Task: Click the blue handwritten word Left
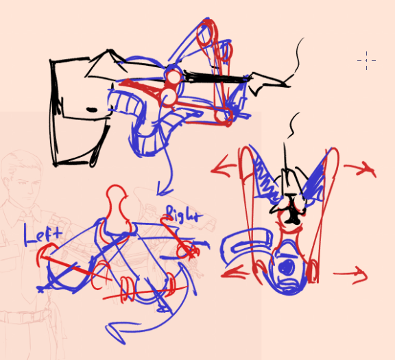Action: click(x=43, y=235)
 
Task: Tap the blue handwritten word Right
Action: click(x=184, y=215)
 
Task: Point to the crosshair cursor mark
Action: click(x=366, y=61)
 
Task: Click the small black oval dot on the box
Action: click(x=92, y=110)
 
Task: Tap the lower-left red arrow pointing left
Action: click(x=235, y=273)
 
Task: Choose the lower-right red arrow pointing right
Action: click(x=350, y=274)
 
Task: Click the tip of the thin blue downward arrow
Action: click(x=158, y=195)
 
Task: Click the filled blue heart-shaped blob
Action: click(x=287, y=267)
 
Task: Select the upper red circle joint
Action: click(x=173, y=77)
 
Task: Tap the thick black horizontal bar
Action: click(x=216, y=77)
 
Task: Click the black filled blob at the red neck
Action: click(x=292, y=217)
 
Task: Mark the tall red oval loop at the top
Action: click(x=207, y=33)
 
